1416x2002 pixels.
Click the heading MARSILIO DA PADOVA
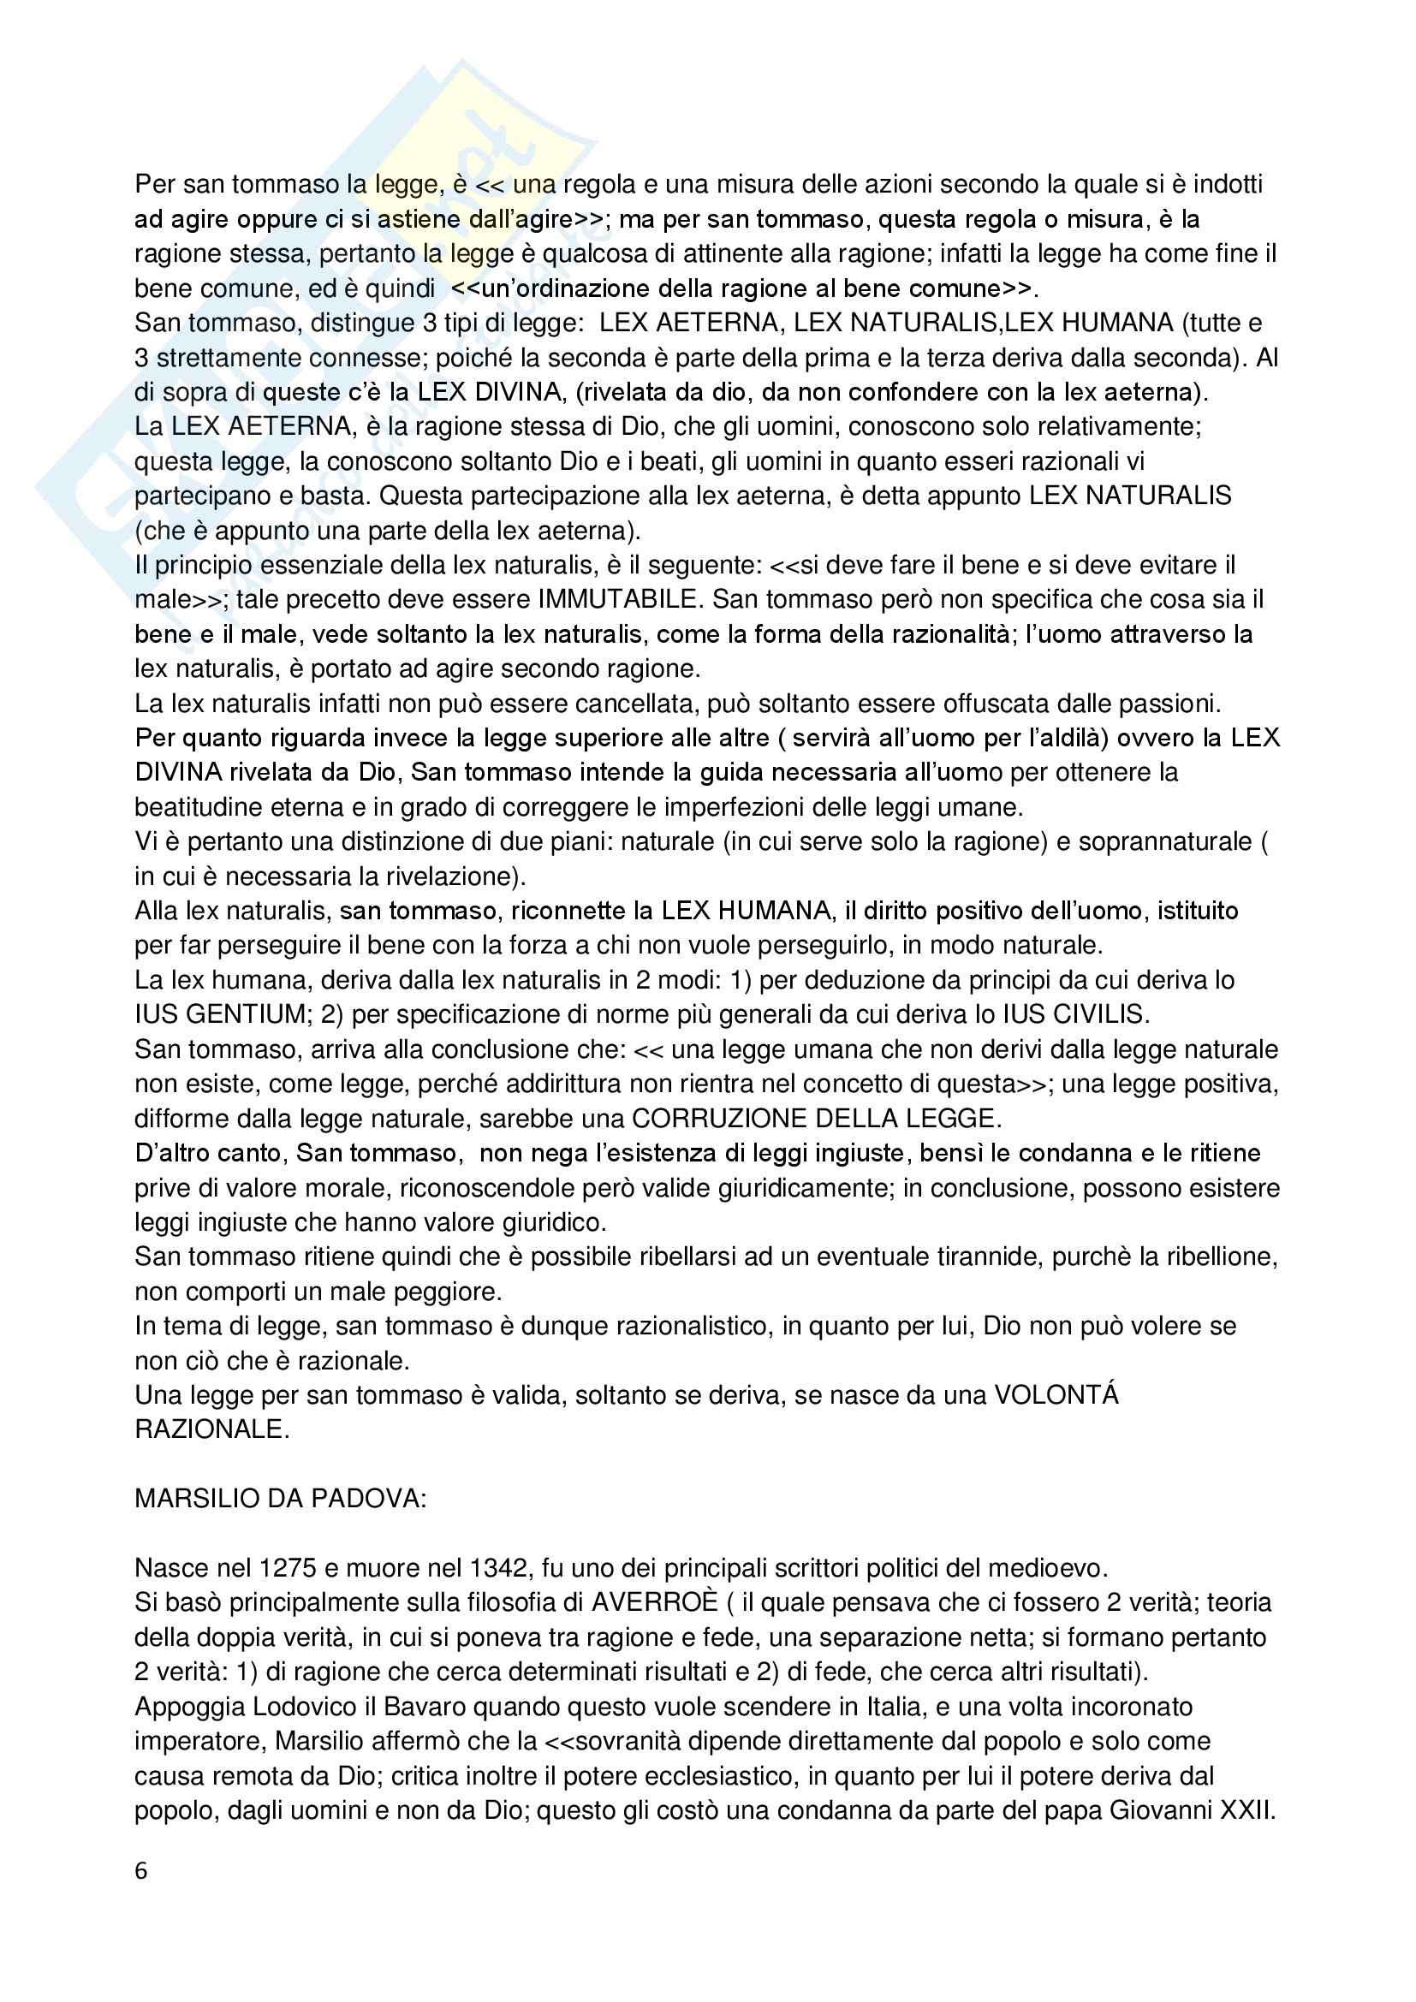pos(280,1498)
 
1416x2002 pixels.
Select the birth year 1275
pos(288,1568)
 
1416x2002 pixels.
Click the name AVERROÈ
pos(655,1601)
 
